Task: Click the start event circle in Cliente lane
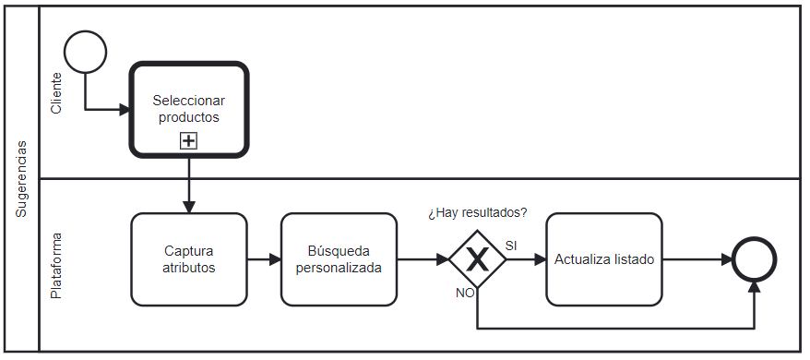pyautogui.click(x=86, y=52)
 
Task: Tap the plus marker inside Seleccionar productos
pyautogui.click(x=188, y=141)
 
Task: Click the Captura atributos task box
pyautogui.click(x=189, y=259)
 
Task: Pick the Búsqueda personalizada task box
pyautogui.click(x=339, y=259)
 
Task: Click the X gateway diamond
pyautogui.click(x=477, y=259)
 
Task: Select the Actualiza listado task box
pyautogui.click(x=604, y=259)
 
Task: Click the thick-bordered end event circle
pyautogui.click(x=755, y=259)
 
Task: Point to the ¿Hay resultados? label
pyautogui.click(x=477, y=213)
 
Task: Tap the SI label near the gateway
pyautogui.click(x=510, y=245)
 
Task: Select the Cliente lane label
pyautogui.click(x=56, y=92)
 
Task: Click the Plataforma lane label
pyautogui.click(x=56, y=265)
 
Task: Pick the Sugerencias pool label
pyautogui.click(x=21, y=179)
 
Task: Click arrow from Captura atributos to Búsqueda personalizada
pyautogui.click(x=264, y=259)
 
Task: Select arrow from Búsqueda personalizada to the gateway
pyautogui.click(x=423, y=259)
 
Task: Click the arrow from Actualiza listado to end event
pyautogui.click(x=697, y=259)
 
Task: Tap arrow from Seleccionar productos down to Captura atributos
pyautogui.click(x=189, y=185)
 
